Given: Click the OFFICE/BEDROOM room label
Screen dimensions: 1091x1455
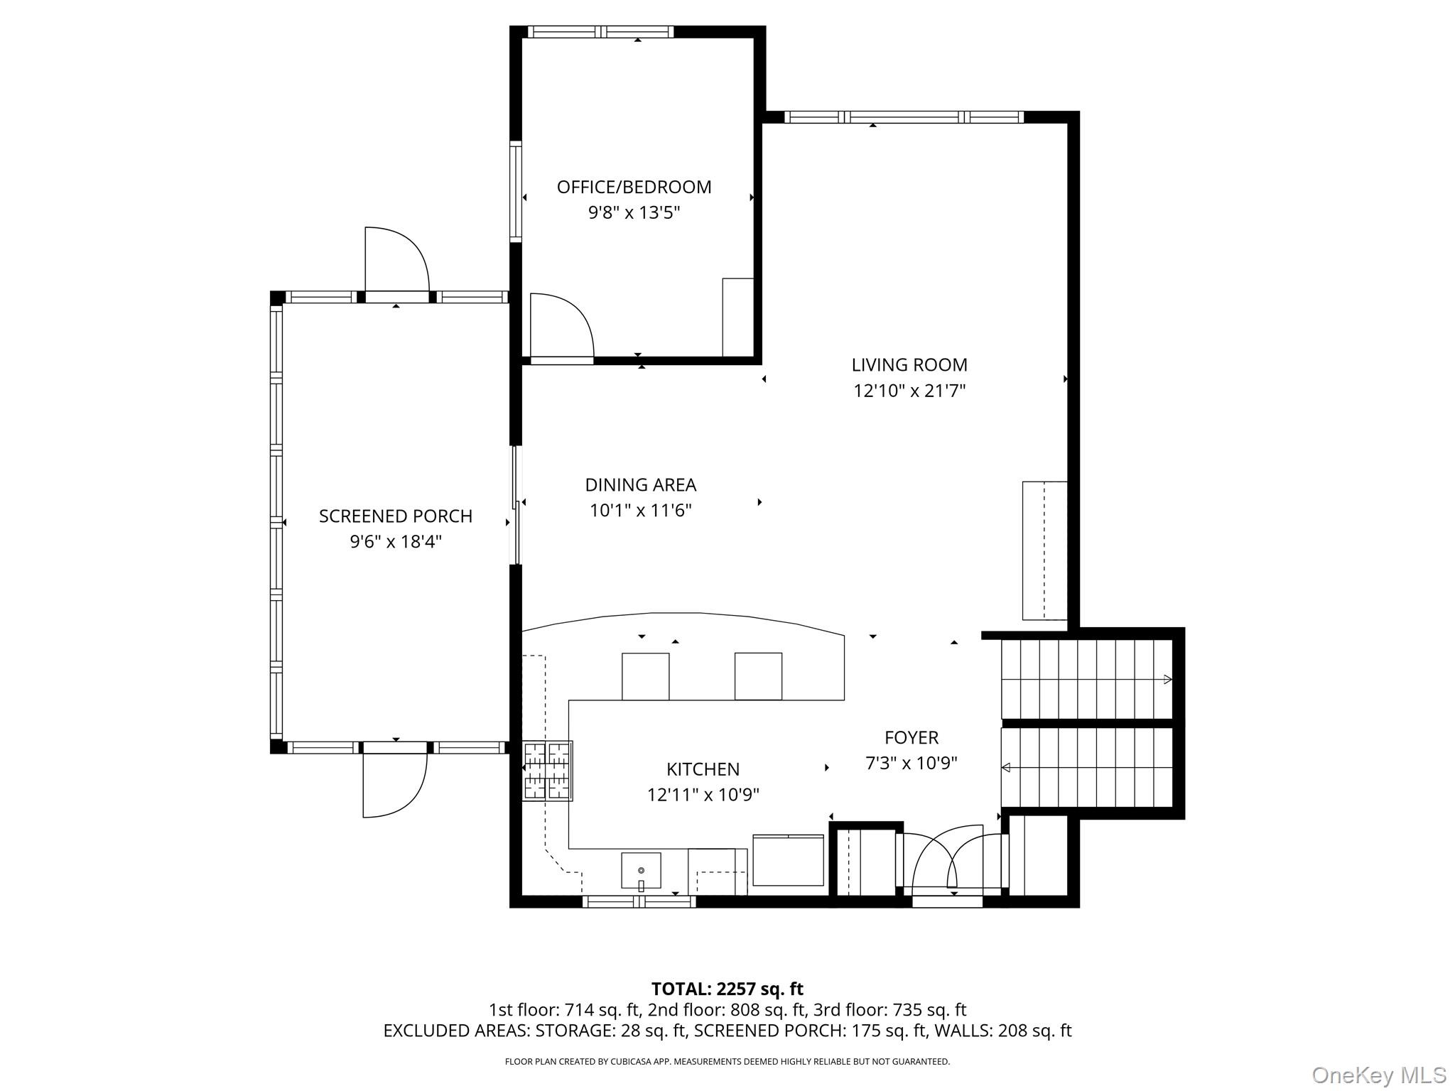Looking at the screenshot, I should coord(634,187).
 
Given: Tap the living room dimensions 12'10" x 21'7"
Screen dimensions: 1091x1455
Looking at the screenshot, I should coord(909,391).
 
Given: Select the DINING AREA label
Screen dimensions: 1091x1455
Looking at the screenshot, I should coord(640,484).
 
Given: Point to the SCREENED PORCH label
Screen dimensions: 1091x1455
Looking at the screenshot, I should coord(395,516).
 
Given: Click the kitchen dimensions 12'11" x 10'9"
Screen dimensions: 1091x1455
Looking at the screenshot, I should coord(703,795).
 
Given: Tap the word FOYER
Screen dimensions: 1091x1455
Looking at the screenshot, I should coord(911,737).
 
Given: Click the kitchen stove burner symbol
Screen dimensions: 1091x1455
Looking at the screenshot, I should coord(547,771).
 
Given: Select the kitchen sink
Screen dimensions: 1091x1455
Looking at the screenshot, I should coord(641,871).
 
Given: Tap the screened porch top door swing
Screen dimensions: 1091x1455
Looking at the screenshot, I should coord(395,260).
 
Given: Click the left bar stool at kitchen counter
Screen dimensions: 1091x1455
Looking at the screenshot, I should coord(645,676).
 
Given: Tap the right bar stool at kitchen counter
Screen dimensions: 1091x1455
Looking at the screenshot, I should coord(758,676).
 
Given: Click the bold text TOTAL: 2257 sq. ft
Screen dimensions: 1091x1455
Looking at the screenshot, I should coord(727,989).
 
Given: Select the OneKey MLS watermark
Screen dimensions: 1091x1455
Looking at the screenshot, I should coord(1378,1075).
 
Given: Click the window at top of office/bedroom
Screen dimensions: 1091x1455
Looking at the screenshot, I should coord(601,32).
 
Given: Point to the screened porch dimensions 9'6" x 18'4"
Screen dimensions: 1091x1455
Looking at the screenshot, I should coord(395,542).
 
